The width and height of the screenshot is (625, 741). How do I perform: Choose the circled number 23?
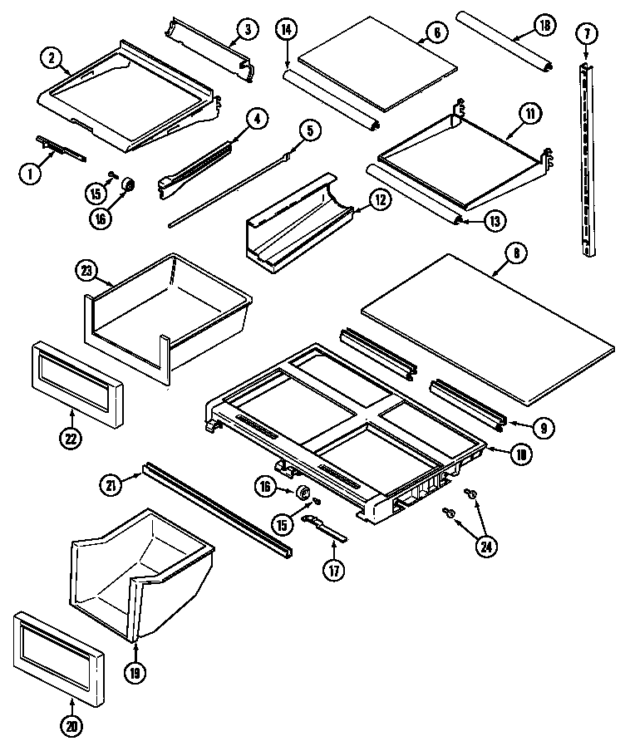(x=86, y=269)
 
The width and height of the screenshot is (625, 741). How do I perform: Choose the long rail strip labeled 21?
(x=216, y=511)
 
